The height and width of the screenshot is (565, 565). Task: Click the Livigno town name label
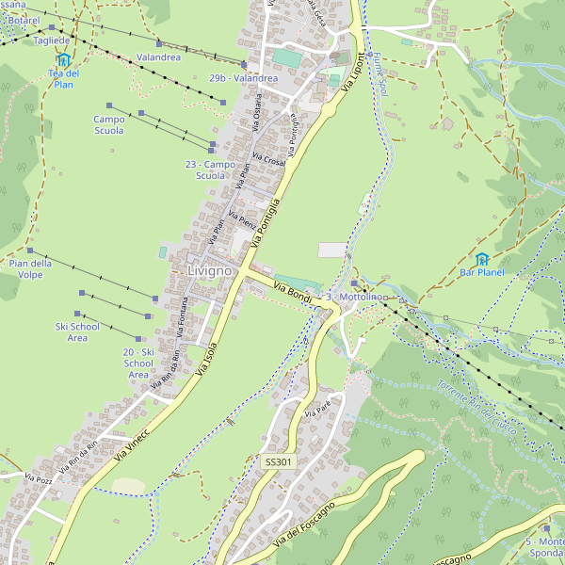tap(209, 271)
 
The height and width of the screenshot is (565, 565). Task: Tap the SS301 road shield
tap(279, 462)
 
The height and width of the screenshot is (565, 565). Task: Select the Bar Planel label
tap(482, 273)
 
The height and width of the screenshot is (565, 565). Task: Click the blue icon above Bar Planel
tap(482, 258)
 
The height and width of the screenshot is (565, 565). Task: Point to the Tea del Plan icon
tap(63, 59)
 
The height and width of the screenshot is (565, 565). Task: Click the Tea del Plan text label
tap(63, 79)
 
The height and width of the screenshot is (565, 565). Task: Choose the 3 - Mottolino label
tap(357, 298)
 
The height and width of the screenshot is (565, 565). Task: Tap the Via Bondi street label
tap(292, 293)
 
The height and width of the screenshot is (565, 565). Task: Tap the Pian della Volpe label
tap(30, 269)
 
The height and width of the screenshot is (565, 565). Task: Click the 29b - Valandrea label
tap(243, 78)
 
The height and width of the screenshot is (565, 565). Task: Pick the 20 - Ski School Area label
tap(138, 363)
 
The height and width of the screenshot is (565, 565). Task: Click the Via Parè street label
tap(319, 408)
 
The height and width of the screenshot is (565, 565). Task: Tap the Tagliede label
tap(52, 40)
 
